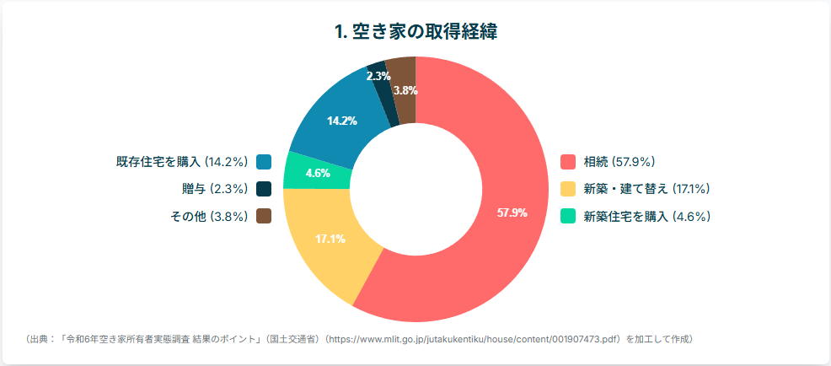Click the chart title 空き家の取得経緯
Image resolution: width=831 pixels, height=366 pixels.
[x=415, y=33]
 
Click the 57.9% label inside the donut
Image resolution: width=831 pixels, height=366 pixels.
[x=512, y=213]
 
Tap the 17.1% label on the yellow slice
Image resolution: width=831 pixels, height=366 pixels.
[x=330, y=239]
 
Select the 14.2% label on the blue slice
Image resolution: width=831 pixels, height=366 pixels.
[x=342, y=121]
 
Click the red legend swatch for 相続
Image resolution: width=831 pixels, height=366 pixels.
[x=568, y=161]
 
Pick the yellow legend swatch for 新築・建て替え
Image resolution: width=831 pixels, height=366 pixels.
[x=568, y=188]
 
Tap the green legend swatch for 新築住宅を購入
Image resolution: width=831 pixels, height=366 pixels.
[x=568, y=216]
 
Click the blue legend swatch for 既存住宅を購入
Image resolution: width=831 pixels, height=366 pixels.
[x=264, y=161]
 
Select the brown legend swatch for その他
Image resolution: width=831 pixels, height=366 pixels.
[x=264, y=216]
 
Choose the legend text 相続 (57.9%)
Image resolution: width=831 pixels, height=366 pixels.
[x=619, y=161]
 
